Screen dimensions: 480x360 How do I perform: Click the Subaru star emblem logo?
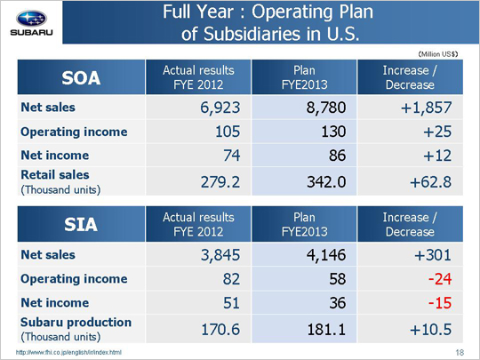[31, 19]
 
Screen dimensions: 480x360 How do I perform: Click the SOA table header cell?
[81, 77]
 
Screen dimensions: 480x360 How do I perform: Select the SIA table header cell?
[81, 224]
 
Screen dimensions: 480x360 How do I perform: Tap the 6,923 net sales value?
[220, 108]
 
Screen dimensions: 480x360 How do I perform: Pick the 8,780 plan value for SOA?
[326, 108]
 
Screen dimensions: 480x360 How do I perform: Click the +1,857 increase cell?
[426, 108]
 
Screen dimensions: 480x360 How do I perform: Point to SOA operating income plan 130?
[333, 132]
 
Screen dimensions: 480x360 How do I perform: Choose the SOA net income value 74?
[231, 156]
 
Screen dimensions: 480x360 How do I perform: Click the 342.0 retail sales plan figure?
[326, 182]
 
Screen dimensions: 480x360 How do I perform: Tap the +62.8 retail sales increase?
[430, 182]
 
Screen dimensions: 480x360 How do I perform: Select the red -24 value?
[440, 279]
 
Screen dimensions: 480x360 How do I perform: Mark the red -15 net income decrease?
[440, 303]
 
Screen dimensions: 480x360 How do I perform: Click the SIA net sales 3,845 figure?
[220, 255]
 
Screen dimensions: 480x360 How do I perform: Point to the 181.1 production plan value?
[326, 330]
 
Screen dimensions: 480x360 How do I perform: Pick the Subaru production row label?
[76, 329]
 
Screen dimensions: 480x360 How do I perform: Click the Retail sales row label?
[60, 182]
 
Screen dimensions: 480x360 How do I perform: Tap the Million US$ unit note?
[437, 54]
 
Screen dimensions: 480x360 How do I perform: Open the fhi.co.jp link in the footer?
[68, 352]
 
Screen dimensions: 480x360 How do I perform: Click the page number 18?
[460, 353]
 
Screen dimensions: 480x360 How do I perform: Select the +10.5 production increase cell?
[430, 330]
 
